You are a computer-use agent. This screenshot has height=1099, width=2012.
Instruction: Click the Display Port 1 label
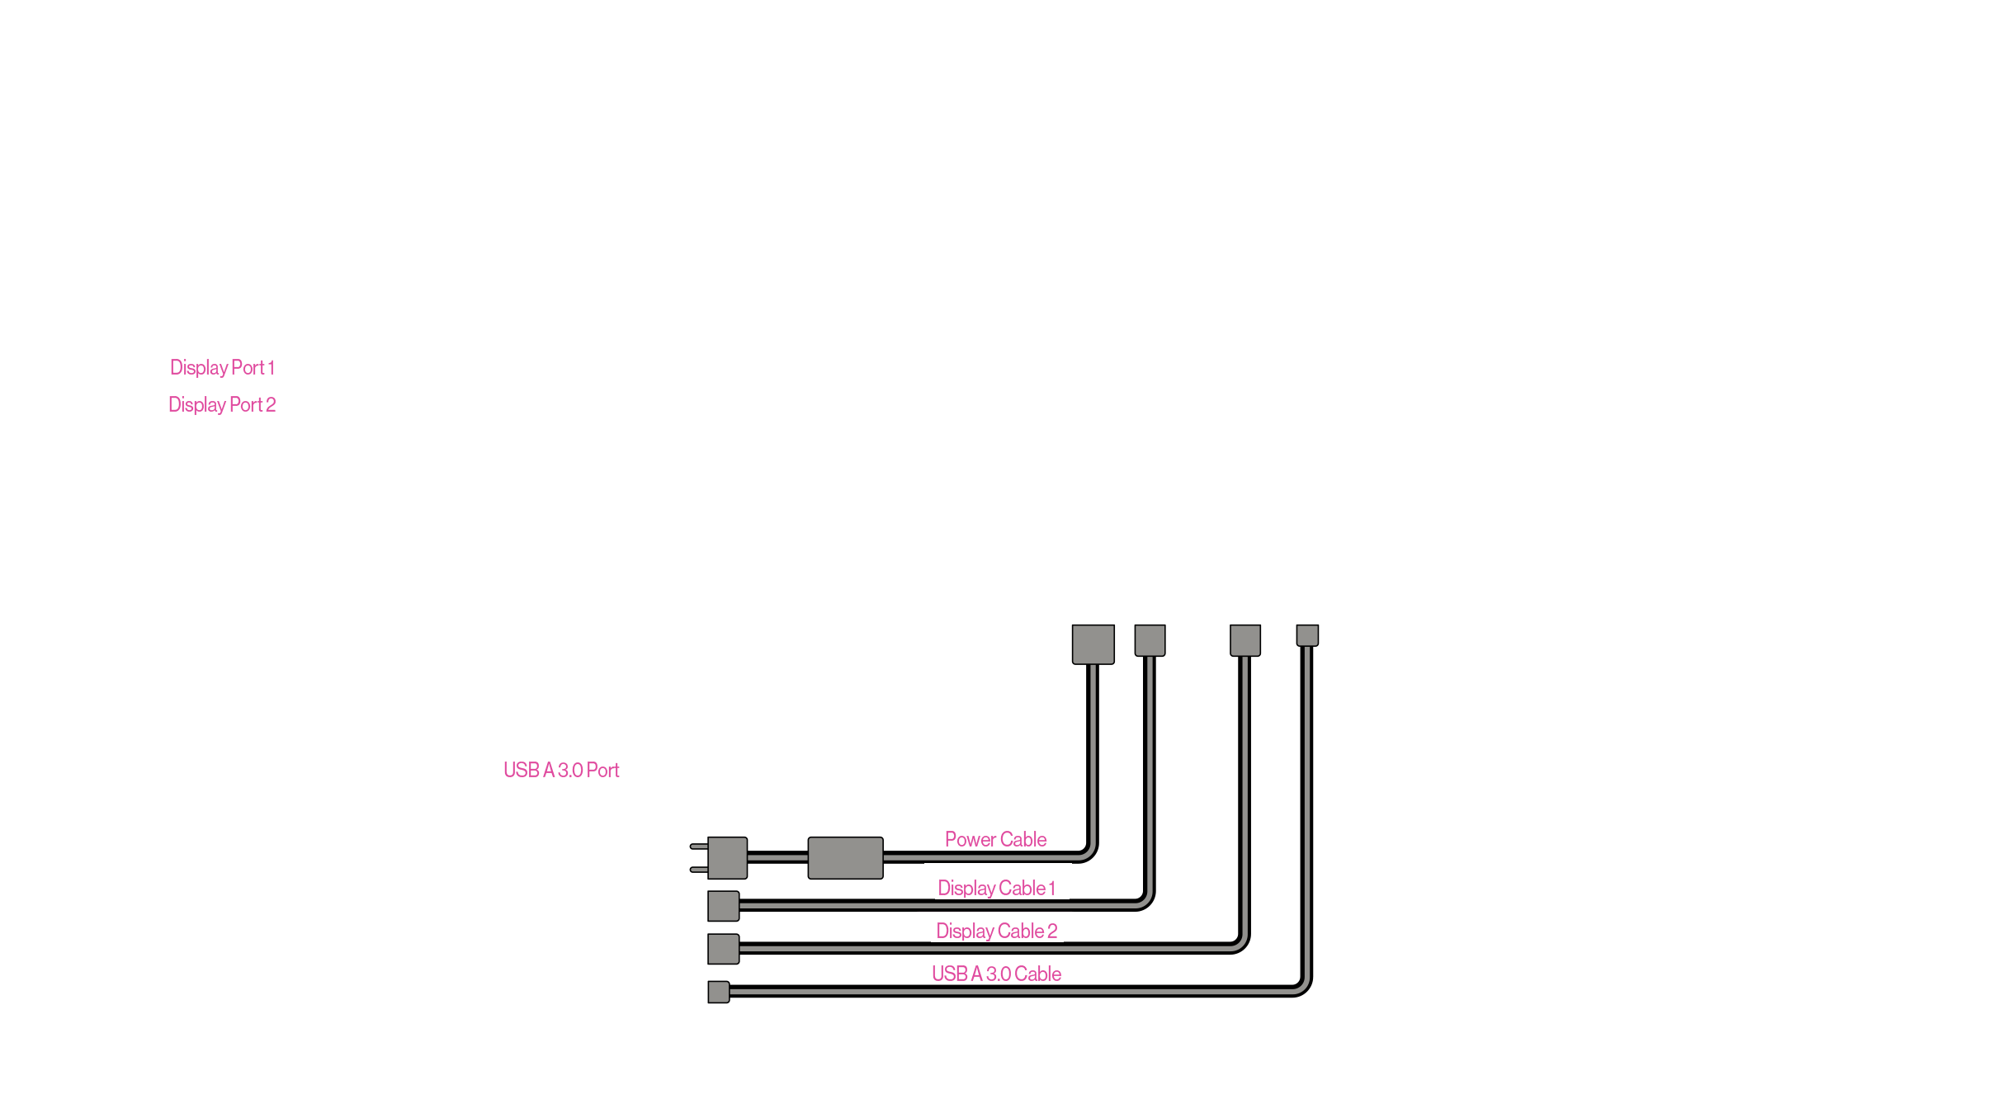coord(222,367)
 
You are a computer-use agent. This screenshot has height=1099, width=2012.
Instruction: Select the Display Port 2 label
coord(222,404)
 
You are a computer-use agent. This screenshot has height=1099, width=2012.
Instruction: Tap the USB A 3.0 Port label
coord(561,770)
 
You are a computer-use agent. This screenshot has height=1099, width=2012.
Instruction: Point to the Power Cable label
coord(995,839)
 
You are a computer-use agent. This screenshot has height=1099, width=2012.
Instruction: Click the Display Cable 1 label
coord(996,888)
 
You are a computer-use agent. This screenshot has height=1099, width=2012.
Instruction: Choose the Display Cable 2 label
coord(996,931)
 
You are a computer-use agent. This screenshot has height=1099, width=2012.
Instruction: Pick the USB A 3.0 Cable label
coord(996,974)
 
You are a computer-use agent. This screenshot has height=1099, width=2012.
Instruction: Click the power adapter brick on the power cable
coord(845,858)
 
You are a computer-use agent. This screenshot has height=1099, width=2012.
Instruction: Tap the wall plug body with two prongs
coord(727,858)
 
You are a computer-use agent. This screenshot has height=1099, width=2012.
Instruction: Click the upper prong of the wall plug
coord(698,847)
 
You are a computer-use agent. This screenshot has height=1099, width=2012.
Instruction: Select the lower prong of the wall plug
coord(698,870)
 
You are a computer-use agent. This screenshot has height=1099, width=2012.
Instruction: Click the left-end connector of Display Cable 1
coord(723,906)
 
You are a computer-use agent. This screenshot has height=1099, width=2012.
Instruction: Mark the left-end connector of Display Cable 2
coord(723,949)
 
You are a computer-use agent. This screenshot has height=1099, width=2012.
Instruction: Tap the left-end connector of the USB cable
coord(718,992)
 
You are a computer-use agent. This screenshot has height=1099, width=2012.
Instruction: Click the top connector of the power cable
coord(1093,644)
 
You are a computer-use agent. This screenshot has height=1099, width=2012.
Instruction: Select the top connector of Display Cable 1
coord(1150,640)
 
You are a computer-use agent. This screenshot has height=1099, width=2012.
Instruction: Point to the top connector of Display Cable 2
coord(1245,640)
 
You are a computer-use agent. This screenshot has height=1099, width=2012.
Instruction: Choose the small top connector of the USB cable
coord(1307,635)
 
